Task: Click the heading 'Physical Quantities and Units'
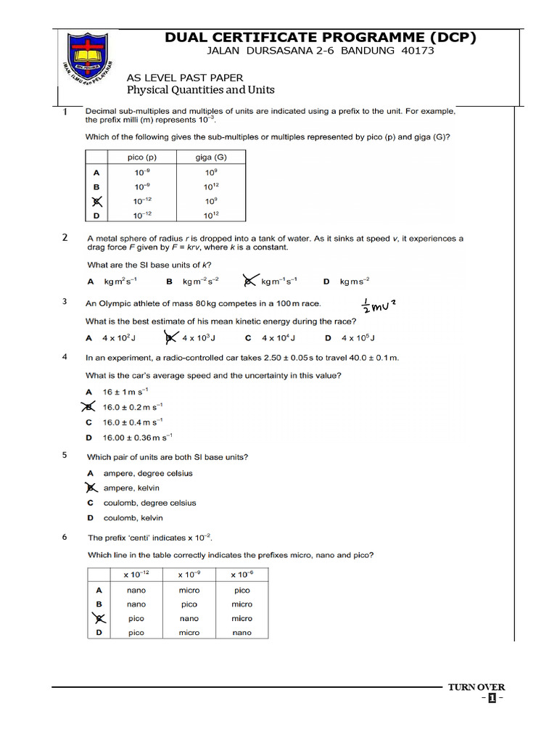[x=201, y=90]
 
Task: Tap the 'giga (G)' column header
[x=211, y=157]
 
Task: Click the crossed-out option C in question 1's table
[x=96, y=201]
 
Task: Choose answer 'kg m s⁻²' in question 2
[x=355, y=282]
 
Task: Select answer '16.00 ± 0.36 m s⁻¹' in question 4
[x=138, y=438]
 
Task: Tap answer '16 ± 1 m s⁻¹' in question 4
[x=131, y=392]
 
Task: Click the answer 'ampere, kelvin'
[x=131, y=488]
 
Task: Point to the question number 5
[x=65, y=456]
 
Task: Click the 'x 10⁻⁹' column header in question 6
[x=189, y=575]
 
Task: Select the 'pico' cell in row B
[x=189, y=604]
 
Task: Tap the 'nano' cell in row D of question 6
[x=242, y=633]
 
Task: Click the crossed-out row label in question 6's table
[x=98, y=618]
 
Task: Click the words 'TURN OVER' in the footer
[x=476, y=687]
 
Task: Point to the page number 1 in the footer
[x=492, y=699]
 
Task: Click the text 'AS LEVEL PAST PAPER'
[x=185, y=78]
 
